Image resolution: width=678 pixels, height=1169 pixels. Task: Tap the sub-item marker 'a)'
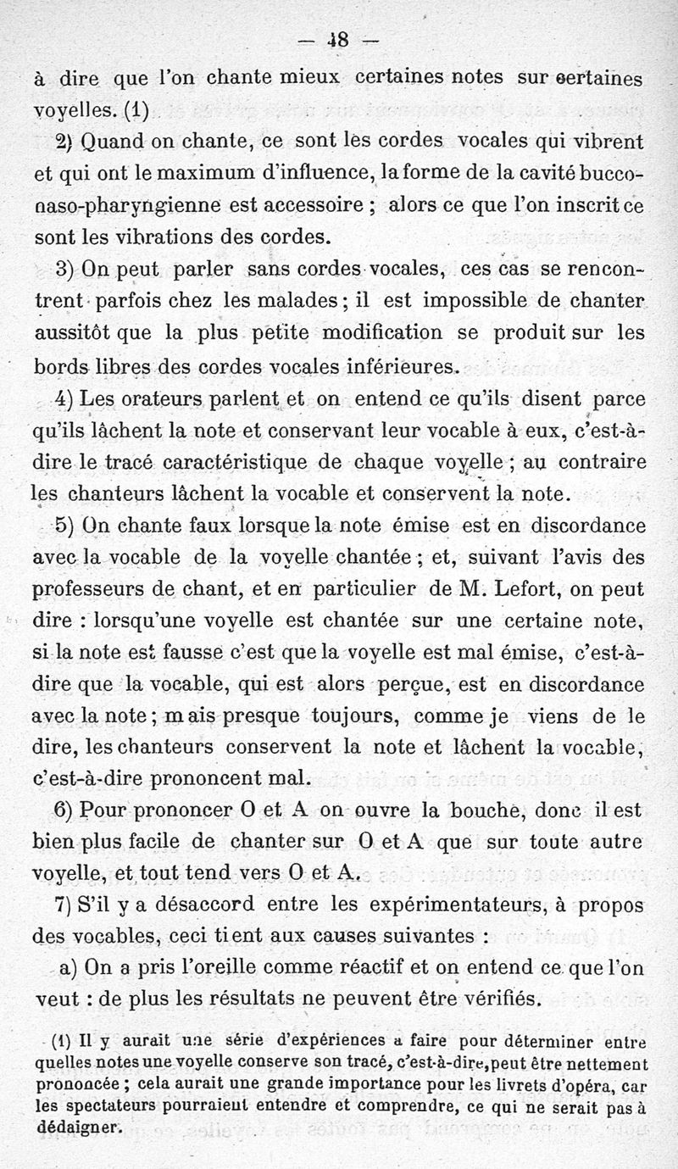[69, 968]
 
